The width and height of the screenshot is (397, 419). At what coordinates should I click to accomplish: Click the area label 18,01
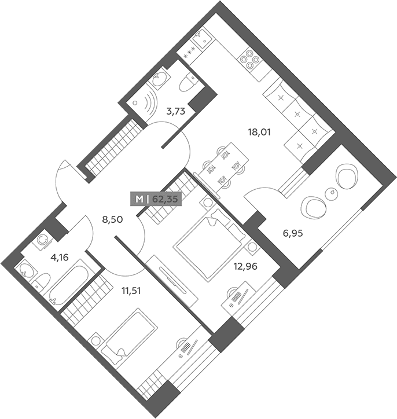[x=259, y=132]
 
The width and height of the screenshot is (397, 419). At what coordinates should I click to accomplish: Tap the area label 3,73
[x=175, y=111]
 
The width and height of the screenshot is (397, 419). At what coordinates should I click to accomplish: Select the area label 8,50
[x=112, y=220]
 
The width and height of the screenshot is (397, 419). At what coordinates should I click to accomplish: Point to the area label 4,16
[x=60, y=258]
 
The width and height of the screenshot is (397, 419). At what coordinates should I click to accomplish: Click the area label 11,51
[x=131, y=291]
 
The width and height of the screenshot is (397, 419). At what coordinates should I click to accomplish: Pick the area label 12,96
[x=245, y=266]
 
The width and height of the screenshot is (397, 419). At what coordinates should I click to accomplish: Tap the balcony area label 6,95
[x=293, y=233]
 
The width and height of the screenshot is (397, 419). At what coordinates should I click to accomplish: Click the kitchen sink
[x=203, y=39]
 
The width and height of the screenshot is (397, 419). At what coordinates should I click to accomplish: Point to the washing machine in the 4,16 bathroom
[x=42, y=240]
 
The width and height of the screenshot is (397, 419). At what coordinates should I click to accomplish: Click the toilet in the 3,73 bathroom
[x=188, y=82]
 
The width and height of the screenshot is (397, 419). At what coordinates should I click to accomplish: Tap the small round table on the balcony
[x=332, y=192]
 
